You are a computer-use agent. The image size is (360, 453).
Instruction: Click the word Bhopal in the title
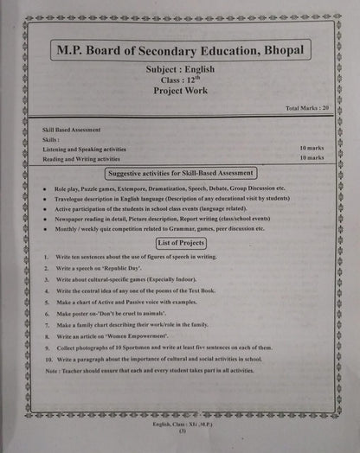click(x=276, y=51)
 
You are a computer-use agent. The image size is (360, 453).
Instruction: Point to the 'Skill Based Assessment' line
click(x=74, y=128)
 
